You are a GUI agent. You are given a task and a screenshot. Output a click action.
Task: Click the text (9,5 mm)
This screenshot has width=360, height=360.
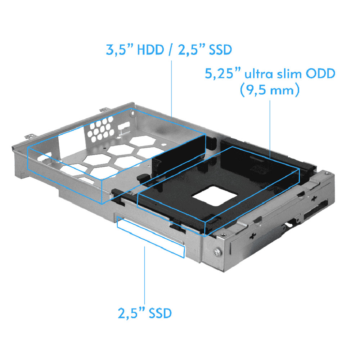[x=270, y=90]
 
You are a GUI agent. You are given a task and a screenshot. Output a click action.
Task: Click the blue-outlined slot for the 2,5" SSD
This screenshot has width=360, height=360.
[x=150, y=238]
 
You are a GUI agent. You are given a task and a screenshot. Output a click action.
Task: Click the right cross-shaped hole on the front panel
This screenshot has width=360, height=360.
[x=315, y=198]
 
